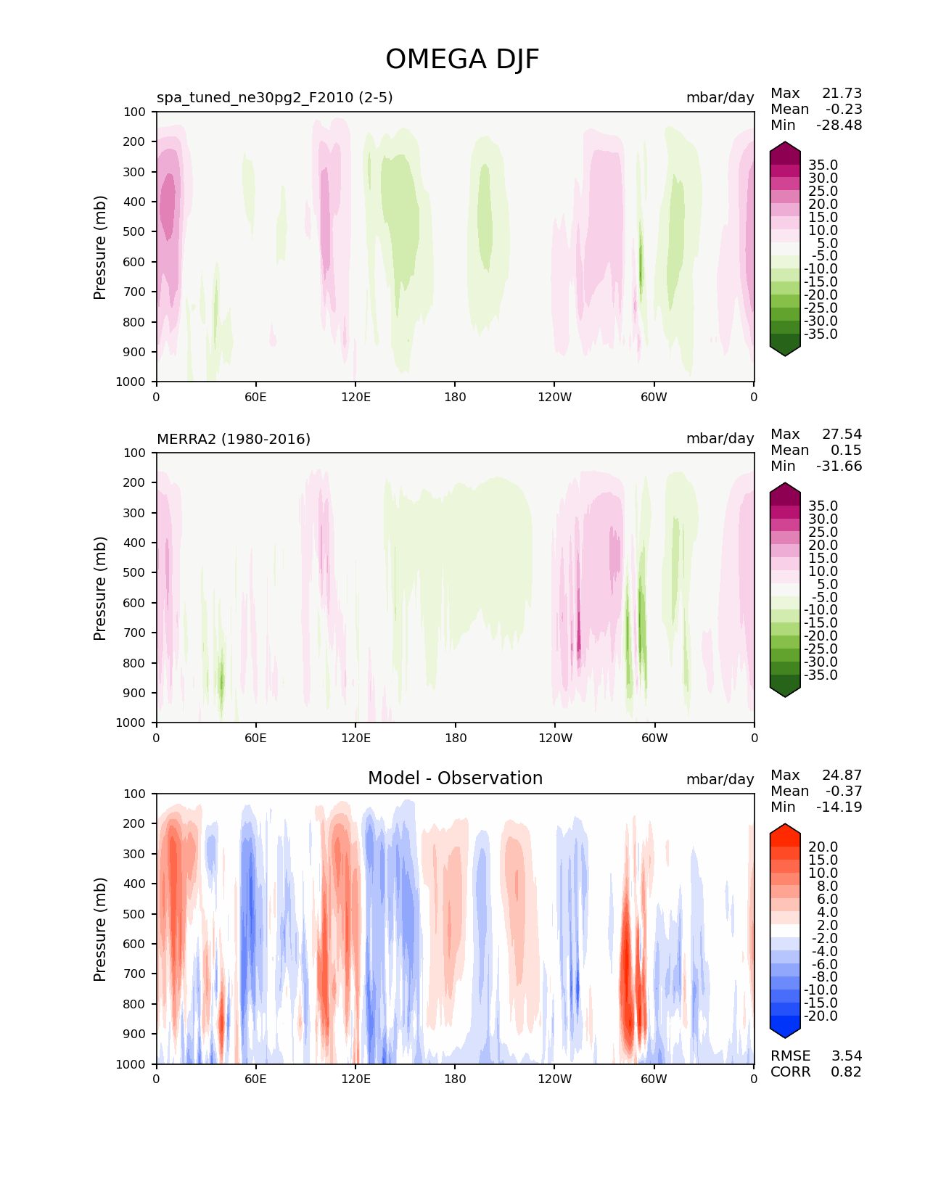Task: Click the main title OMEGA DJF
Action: pyautogui.click(x=462, y=59)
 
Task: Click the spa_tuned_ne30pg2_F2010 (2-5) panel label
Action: pyautogui.click(x=274, y=97)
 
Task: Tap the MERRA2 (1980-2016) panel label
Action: pyautogui.click(x=234, y=439)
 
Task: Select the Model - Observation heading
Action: pyautogui.click(x=455, y=778)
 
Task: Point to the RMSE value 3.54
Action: pyautogui.click(x=846, y=1056)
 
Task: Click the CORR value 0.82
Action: pyautogui.click(x=846, y=1071)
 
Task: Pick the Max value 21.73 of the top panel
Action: pyautogui.click(x=842, y=93)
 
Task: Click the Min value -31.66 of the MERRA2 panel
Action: pyautogui.click(x=839, y=466)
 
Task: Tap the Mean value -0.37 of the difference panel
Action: pyautogui.click(x=844, y=791)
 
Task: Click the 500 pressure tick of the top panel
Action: pyautogui.click(x=134, y=232)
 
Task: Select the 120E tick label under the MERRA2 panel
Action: pyautogui.click(x=356, y=738)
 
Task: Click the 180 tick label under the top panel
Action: pyautogui.click(x=455, y=397)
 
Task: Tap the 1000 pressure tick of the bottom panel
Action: pyautogui.click(x=131, y=1064)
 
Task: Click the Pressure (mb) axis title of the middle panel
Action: pyautogui.click(x=99, y=588)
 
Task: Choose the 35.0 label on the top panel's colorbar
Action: pyautogui.click(x=823, y=165)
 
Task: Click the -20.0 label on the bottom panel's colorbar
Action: pyautogui.click(x=821, y=1016)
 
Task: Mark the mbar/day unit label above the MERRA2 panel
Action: pyautogui.click(x=720, y=438)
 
